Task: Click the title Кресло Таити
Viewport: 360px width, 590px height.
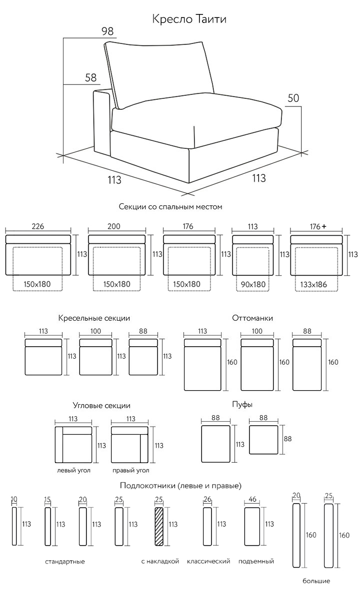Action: pyautogui.click(x=189, y=19)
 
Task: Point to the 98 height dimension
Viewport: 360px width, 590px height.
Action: pyautogui.click(x=107, y=31)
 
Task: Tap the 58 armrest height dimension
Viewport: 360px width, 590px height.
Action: pyautogui.click(x=91, y=77)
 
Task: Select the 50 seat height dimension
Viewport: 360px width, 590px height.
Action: pyautogui.click(x=293, y=98)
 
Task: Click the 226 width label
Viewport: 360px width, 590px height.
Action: pyautogui.click(x=37, y=226)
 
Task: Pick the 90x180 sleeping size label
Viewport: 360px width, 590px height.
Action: pyautogui.click(x=253, y=284)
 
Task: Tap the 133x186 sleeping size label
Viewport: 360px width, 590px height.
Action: pyautogui.click(x=313, y=284)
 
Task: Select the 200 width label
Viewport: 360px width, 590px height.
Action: pyautogui.click(x=113, y=226)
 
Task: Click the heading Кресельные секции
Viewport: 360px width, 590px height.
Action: pyautogui.click(x=94, y=318)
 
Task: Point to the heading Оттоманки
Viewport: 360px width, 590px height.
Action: pyautogui.click(x=252, y=318)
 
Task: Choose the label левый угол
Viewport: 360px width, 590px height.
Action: pyautogui.click(x=73, y=470)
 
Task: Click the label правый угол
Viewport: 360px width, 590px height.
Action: pyautogui.click(x=130, y=470)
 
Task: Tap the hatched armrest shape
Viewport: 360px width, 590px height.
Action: pyautogui.click(x=159, y=526)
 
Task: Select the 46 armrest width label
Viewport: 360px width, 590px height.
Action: pyautogui.click(x=252, y=499)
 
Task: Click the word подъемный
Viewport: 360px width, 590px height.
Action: pyautogui.click(x=256, y=562)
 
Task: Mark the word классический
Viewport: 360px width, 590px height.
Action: pyautogui.click(x=208, y=562)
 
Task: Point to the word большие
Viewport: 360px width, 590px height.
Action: pyautogui.click(x=316, y=582)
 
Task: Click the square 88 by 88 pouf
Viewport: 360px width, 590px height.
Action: pyautogui.click(x=263, y=440)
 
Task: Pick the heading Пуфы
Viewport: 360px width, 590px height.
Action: pyautogui.click(x=242, y=405)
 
